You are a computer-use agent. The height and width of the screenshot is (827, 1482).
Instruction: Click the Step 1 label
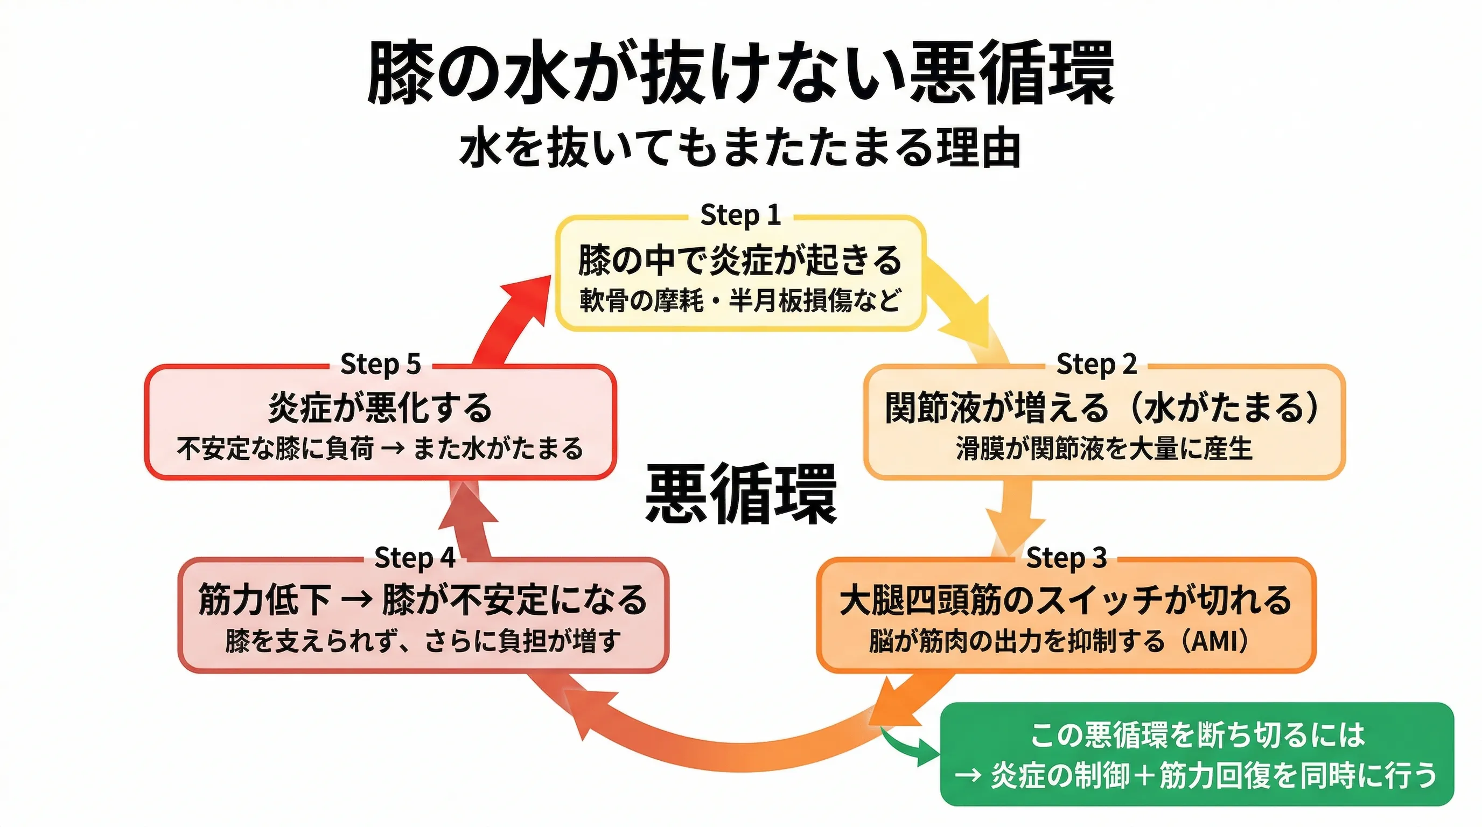(740, 215)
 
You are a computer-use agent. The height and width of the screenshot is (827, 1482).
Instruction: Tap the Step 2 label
(1096, 364)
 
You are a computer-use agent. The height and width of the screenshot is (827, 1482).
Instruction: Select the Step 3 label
(1066, 558)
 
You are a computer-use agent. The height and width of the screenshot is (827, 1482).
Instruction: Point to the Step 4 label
(414, 558)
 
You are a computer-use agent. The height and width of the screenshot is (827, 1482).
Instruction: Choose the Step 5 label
(380, 364)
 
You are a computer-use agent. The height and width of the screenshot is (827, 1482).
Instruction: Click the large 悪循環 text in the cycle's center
(740, 495)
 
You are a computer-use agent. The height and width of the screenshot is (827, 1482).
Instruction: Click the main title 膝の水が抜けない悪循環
(740, 74)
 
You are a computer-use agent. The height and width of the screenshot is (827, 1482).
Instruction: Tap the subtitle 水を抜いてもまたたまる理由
(740, 148)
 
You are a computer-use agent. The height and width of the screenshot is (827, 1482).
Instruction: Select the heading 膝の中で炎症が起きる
(740, 260)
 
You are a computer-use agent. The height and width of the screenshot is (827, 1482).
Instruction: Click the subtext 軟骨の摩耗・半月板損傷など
(740, 300)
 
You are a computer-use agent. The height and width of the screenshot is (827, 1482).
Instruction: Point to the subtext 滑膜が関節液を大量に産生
(1103, 448)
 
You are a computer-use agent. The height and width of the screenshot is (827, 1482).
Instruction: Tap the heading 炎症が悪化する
(380, 408)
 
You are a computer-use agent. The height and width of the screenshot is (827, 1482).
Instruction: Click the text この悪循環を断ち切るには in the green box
(1197, 734)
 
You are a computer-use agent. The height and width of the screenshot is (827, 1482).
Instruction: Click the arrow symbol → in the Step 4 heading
(356, 600)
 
